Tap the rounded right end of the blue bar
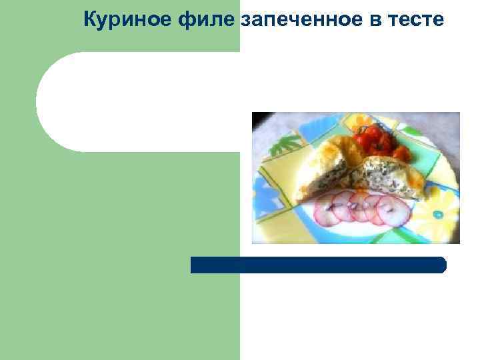click(x=441, y=265)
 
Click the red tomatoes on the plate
click(x=371, y=139)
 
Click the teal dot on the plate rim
click(x=437, y=215)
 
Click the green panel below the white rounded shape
click(x=120, y=267)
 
